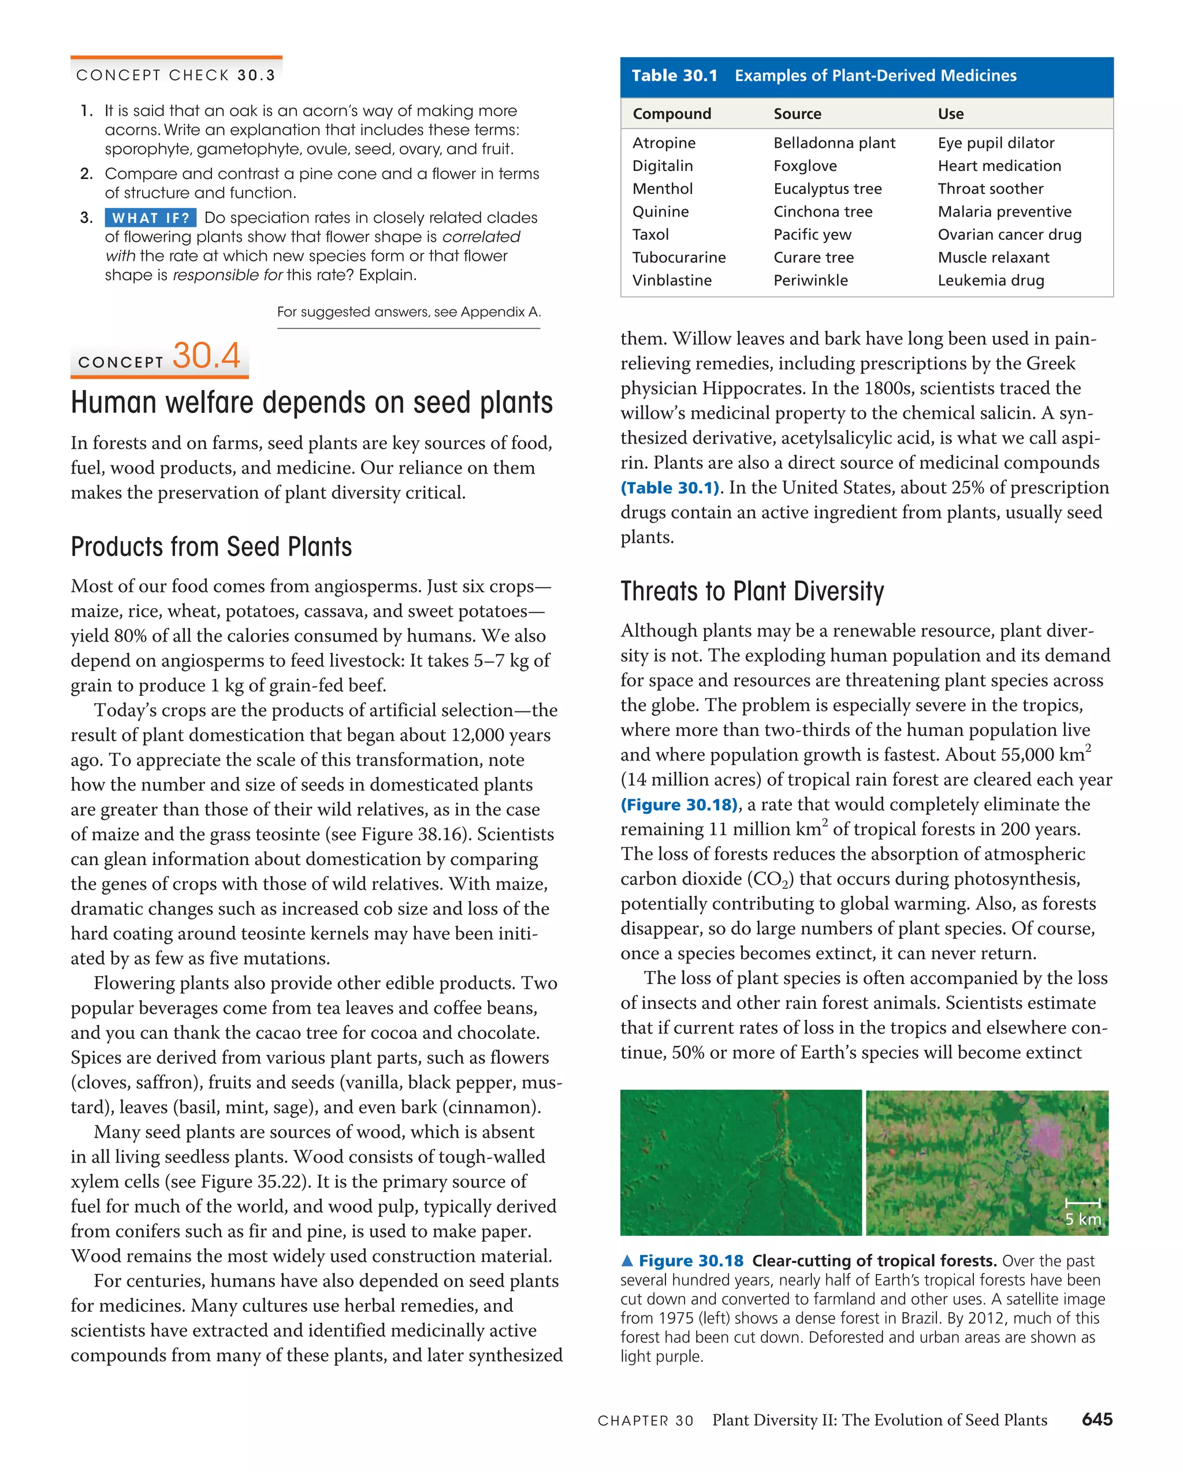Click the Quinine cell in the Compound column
coord(660,212)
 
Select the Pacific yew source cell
coord(812,235)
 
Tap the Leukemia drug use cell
coord(991,281)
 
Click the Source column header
coord(797,114)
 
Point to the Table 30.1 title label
coord(674,76)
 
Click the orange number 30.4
coord(206,356)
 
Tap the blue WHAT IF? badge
coord(150,218)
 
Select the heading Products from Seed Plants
coord(211,547)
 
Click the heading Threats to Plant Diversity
coord(752,591)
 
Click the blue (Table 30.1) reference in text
coord(671,488)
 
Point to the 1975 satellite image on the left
coord(741,1162)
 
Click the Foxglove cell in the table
coord(805,166)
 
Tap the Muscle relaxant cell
coord(993,258)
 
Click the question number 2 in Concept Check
coord(86,174)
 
